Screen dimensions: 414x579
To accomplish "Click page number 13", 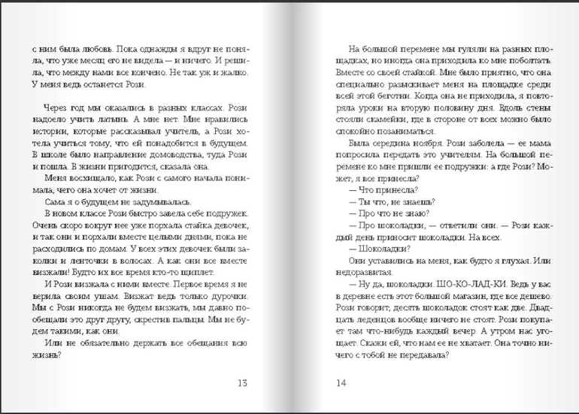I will point(241,383).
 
